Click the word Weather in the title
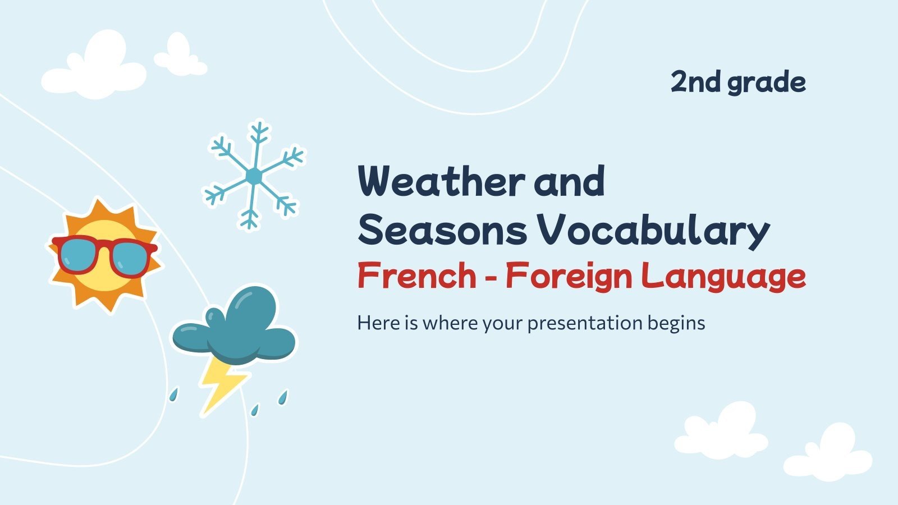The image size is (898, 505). point(441,181)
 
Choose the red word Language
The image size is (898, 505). point(724,276)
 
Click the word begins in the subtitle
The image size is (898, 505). point(676,324)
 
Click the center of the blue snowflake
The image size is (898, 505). point(254,176)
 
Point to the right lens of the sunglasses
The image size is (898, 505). point(131,258)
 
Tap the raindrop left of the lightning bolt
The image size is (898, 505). point(174,394)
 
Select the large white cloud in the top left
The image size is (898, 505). point(94,68)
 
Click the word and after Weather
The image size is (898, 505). point(569,181)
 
